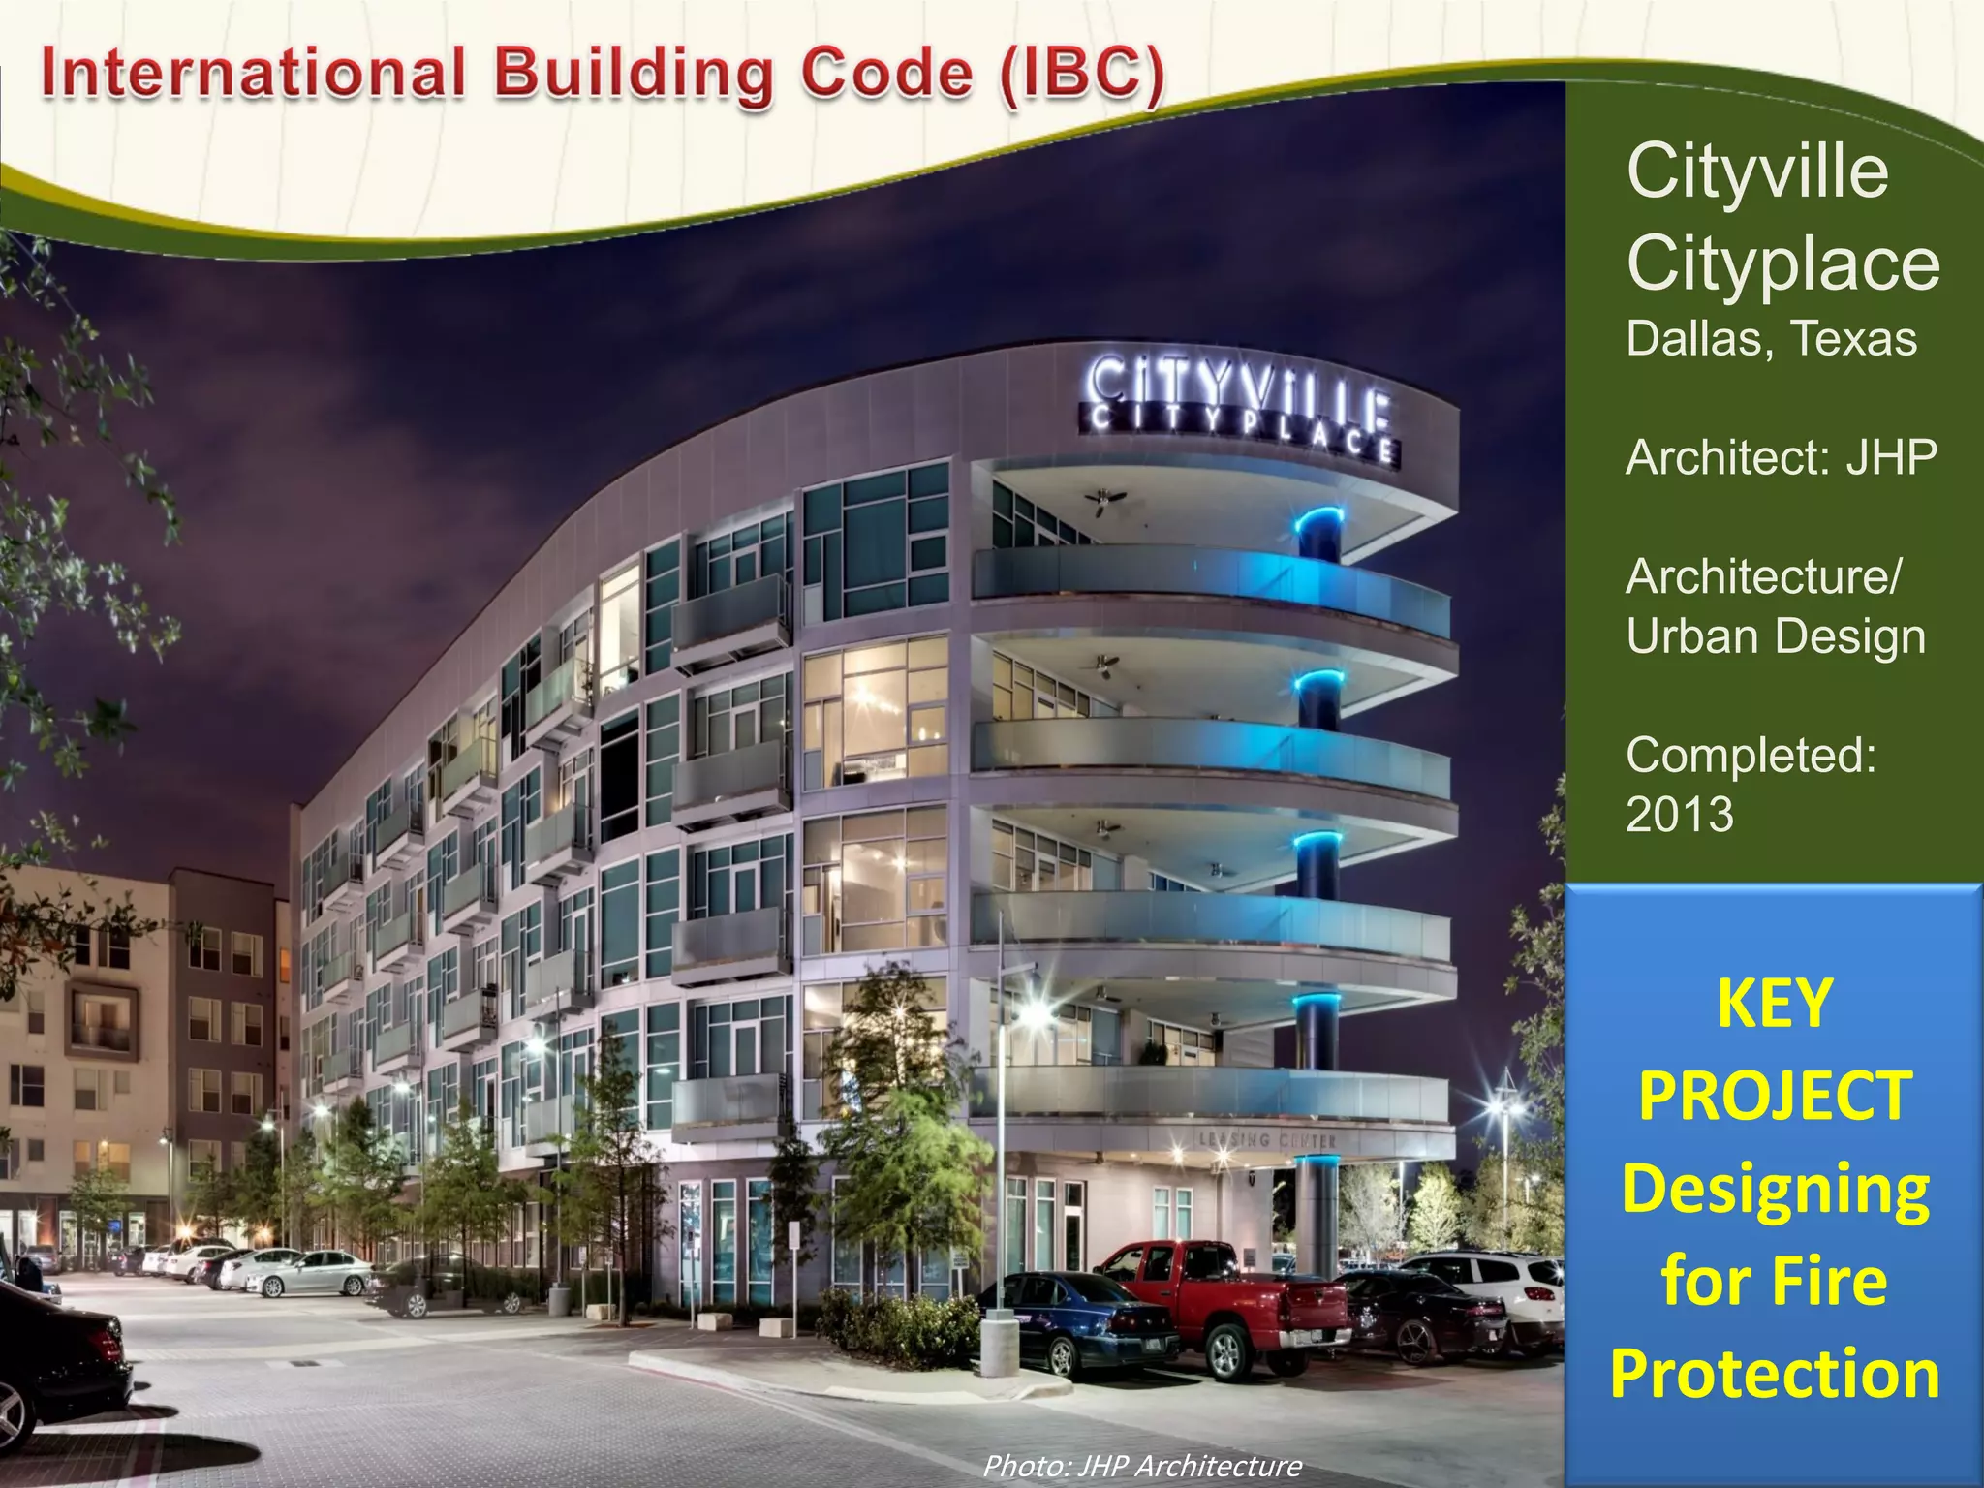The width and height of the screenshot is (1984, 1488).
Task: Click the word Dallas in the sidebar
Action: click(1699, 339)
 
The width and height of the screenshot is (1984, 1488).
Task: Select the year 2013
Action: click(1680, 815)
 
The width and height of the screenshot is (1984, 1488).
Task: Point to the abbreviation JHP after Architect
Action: click(1891, 457)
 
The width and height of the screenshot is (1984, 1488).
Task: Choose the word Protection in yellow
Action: click(1775, 1374)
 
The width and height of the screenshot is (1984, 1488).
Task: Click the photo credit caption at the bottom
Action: click(1142, 1466)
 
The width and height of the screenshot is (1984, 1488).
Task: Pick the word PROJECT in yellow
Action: click(1775, 1096)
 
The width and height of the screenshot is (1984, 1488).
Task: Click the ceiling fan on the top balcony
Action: click(1106, 498)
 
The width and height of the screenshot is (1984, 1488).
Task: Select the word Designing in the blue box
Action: click(1775, 1189)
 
